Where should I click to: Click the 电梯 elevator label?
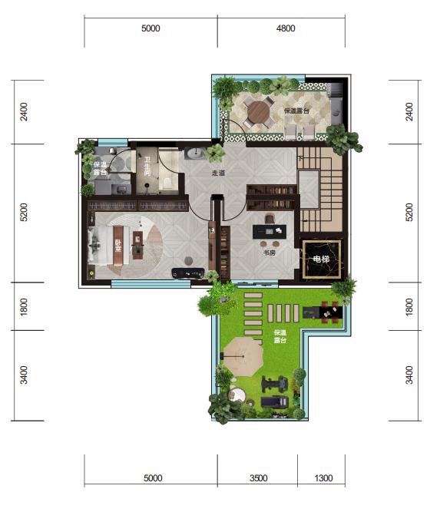(321, 259)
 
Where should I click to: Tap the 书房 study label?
(270, 253)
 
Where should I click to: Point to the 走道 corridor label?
(218, 173)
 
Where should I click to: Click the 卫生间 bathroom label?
(147, 167)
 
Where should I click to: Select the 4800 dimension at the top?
(286, 28)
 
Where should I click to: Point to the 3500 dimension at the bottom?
(258, 478)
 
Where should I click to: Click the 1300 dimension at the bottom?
(323, 478)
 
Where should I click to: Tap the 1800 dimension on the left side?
(24, 306)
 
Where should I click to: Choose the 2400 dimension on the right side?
(409, 111)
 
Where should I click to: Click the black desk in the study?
(270, 232)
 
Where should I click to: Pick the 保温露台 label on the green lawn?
(280, 336)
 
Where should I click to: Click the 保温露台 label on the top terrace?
(296, 111)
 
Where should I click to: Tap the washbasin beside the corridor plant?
(195, 154)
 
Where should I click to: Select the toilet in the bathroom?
(167, 183)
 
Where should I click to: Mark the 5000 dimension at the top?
(151, 28)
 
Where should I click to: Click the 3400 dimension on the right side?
(409, 375)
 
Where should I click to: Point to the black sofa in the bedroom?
(188, 273)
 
